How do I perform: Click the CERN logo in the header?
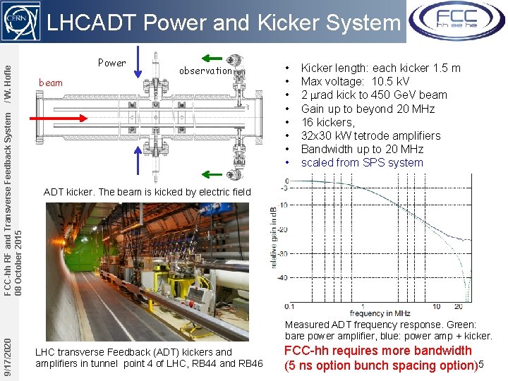point(21,22)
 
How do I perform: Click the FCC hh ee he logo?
point(456,20)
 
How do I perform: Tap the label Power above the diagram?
point(111,63)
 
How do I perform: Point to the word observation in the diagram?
point(205,71)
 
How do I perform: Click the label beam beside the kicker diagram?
point(50,83)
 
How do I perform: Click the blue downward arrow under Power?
point(138,60)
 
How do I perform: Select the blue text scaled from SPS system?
point(362,162)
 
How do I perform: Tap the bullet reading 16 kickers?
point(328,122)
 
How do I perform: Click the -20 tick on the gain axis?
point(283,229)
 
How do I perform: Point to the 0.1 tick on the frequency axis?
point(289,306)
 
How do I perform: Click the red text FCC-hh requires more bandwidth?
point(377,351)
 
